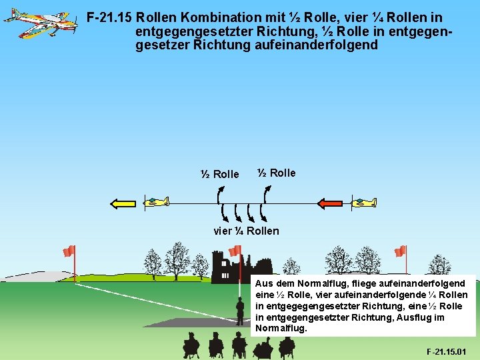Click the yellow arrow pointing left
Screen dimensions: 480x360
[x=123, y=203]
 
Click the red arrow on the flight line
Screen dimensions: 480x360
[x=331, y=203]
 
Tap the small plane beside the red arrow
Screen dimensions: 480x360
[x=365, y=201]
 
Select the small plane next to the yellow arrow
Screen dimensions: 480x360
[x=158, y=201]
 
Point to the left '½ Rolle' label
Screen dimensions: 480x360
[x=219, y=174]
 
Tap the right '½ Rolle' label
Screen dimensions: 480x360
[x=277, y=173]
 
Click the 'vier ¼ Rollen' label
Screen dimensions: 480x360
[x=246, y=231]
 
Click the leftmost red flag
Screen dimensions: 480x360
[x=68, y=251]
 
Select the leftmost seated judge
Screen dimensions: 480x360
[x=191, y=345]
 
